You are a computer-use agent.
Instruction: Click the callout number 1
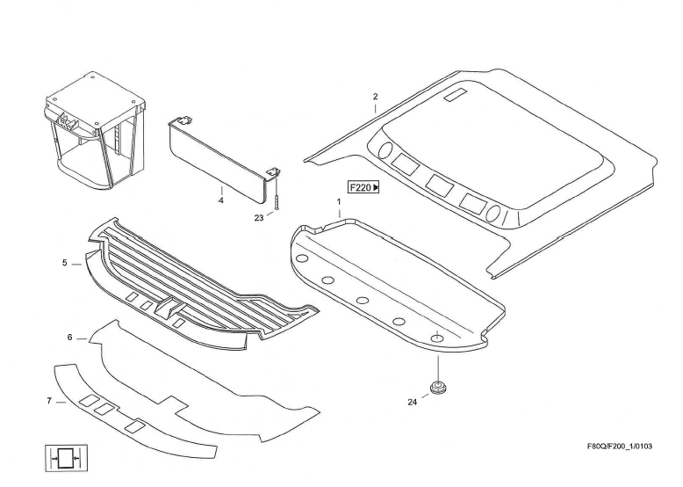pyautogui.click(x=339, y=202)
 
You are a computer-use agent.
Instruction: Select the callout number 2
pyautogui.click(x=375, y=96)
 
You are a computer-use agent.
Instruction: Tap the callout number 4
pyautogui.click(x=221, y=200)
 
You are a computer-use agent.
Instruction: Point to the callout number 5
pyautogui.click(x=64, y=262)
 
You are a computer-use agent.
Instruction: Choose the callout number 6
pyautogui.click(x=69, y=337)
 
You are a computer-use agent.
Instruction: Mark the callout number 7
pyautogui.click(x=49, y=401)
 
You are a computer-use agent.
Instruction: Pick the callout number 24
pyautogui.click(x=412, y=402)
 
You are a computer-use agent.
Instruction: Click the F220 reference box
pyautogui.click(x=363, y=187)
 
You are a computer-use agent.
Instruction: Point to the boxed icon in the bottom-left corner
pyautogui.click(x=65, y=459)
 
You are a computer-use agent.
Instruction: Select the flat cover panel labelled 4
pyautogui.click(x=219, y=158)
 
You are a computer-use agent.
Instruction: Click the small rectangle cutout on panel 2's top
pyautogui.click(x=458, y=94)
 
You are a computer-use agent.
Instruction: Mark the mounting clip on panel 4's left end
pyautogui.click(x=184, y=120)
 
